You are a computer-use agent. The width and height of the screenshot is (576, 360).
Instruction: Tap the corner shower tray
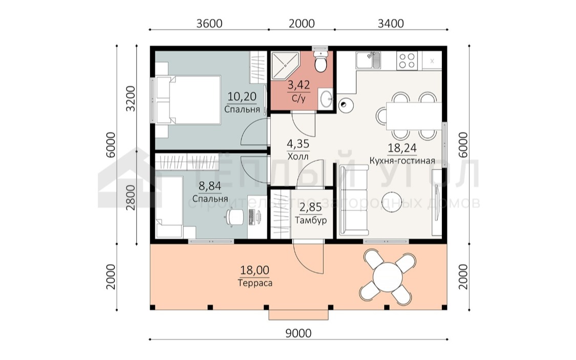tap(285, 65)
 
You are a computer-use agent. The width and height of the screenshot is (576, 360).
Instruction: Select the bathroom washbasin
tap(326, 98)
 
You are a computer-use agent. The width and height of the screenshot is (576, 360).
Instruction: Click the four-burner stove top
tap(407, 60)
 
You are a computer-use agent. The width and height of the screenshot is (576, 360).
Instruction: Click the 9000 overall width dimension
tap(298, 333)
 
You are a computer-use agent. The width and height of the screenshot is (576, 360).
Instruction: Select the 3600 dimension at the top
tap(209, 24)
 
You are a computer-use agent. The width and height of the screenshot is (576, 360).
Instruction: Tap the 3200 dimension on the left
tap(131, 99)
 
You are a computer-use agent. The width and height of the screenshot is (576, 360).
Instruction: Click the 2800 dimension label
tap(131, 197)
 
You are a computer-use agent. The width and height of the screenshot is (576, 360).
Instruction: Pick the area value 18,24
tap(402, 147)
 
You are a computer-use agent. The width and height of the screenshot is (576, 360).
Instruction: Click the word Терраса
tap(255, 283)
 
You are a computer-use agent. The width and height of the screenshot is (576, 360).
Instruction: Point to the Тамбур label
tap(311, 220)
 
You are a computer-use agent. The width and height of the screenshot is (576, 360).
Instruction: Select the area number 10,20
tap(242, 97)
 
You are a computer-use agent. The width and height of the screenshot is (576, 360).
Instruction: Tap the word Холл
tap(298, 157)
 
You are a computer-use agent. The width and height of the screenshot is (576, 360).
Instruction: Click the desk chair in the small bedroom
tap(233, 217)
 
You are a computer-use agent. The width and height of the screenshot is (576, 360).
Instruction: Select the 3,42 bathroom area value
tap(298, 85)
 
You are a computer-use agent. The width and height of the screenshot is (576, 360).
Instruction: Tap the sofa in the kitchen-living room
tap(354, 200)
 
